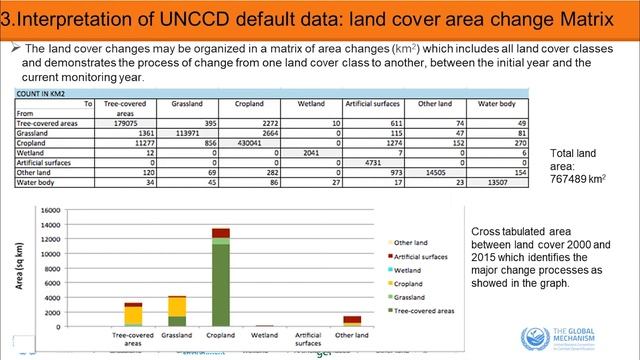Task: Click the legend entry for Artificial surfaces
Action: tap(419, 256)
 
